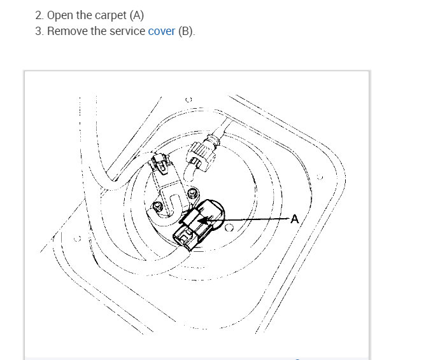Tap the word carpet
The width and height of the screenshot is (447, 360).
pyautogui.click(x=110, y=15)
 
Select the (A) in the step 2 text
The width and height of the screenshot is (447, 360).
pyautogui.click(x=137, y=15)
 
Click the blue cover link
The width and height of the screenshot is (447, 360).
pyautogui.click(x=161, y=31)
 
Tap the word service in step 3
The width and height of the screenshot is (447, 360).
pyautogui.click(x=127, y=31)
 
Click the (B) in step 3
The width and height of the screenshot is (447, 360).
pyautogui.click(x=185, y=31)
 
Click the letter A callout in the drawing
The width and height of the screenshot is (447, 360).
pyautogui.click(x=295, y=219)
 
